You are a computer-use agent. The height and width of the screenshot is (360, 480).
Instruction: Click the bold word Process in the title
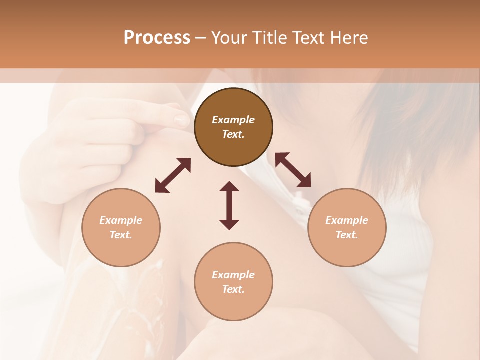pyautogui.click(x=157, y=37)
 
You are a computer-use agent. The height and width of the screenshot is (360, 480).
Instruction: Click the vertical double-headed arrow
pyautogui.click(x=229, y=205)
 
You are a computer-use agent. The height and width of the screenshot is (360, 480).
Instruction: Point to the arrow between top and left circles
pyautogui.click(x=173, y=175)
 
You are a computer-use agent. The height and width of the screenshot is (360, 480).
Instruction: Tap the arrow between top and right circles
pyautogui.click(x=293, y=170)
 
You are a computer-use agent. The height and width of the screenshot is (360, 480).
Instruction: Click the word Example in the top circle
pyautogui.click(x=233, y=120)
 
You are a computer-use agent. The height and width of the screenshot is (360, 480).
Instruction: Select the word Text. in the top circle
pyautogui.click(x=233, y=134)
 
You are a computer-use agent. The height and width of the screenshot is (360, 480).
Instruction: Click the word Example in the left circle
pyautogui.click(x=121, y=220)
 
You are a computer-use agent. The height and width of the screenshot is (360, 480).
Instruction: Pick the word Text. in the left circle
pyautogui.click(x=121, y=235)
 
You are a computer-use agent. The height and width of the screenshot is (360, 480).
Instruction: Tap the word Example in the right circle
pyautogui.click(x=347, y=220)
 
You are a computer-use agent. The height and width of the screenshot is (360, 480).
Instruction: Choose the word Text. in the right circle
pyautogui.click(x=347, y=235)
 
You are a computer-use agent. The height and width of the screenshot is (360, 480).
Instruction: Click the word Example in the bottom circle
pyautogui.click(x=233, y=275)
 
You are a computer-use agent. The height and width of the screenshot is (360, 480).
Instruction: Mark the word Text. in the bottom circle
pyautogui.click(x=233, y=289)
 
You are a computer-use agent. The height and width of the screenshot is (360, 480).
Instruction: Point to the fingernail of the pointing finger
pyautogui.click(x=181, y=120)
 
